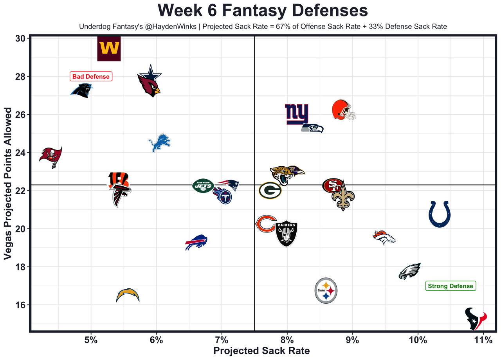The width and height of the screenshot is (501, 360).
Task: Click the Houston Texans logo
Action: [475, 319]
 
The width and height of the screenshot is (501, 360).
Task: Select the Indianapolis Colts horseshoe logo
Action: [440, 214]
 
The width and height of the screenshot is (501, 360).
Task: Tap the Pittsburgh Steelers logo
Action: [326, 291]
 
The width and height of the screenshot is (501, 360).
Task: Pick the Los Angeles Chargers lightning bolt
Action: [128, 295]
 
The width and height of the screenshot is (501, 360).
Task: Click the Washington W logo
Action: [109, 49]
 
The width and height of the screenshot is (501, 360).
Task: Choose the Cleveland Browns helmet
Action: [343, 110]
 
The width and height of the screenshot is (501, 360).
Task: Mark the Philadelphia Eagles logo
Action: [409, 271]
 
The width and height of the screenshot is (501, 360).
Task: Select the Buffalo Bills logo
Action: [196, 243]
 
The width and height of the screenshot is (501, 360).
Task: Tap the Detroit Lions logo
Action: [159, 143]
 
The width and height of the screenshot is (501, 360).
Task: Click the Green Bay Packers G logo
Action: [270, 191]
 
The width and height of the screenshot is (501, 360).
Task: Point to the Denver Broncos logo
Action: [384, 238]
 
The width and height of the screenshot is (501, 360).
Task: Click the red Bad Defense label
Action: [91, 77]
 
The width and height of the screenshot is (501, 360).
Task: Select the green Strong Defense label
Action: [451, 286]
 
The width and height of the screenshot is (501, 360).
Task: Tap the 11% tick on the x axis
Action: [483, 340]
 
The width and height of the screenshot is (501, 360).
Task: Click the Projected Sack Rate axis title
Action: [261, 351]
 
